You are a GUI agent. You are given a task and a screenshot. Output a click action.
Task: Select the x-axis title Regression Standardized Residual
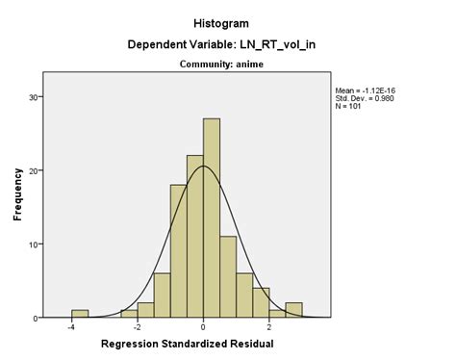[x=187, y=344]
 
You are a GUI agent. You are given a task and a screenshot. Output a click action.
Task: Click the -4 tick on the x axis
[x=71, y=328]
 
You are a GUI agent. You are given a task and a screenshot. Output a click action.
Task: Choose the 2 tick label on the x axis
[x=269, y=328]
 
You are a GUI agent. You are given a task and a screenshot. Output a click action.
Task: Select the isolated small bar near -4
[x=80, y=314]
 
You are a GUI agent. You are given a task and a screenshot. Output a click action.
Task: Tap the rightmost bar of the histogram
[x=293, y=310]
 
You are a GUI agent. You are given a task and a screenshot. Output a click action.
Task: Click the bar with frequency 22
[x=195, y=236]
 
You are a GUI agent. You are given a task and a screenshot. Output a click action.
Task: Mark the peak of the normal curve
[x=203, y=167]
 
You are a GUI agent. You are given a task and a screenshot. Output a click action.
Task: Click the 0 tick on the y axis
[x=37, y=318]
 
